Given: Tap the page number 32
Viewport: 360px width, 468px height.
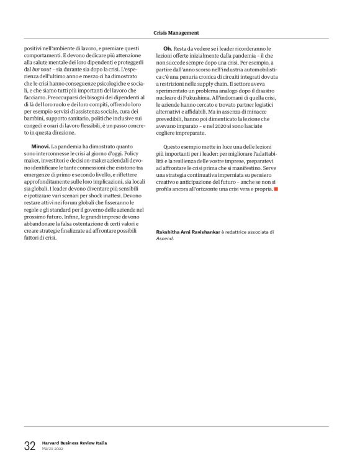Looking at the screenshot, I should [x=30, y=445].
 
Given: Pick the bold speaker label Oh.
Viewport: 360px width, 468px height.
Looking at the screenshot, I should [x=167, y=48].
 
